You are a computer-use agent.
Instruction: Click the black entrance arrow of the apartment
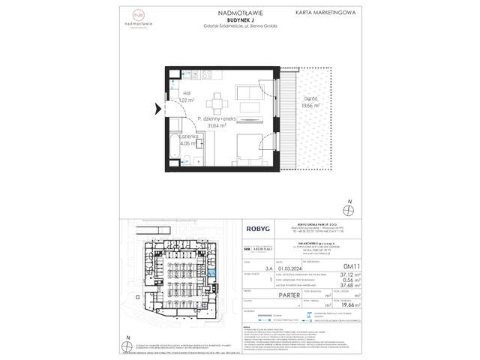coord(157,109)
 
